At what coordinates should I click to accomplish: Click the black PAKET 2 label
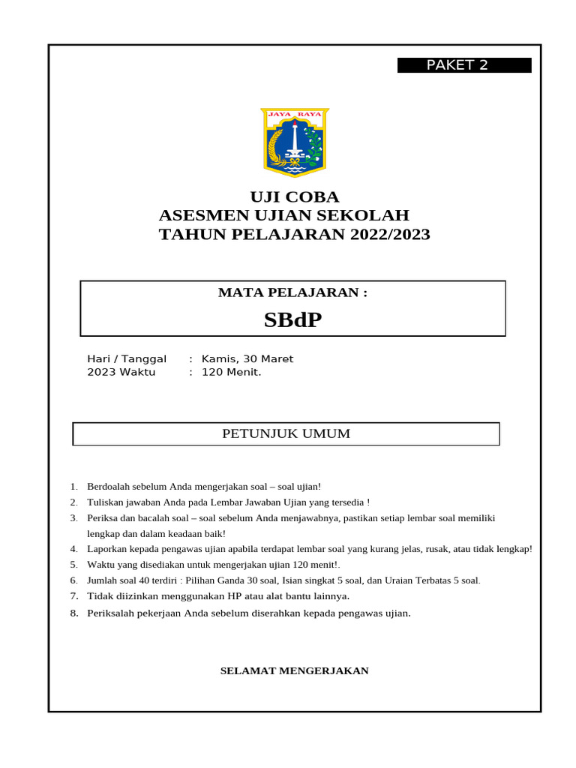464,65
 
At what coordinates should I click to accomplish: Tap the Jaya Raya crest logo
295,142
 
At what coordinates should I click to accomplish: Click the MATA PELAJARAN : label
292,292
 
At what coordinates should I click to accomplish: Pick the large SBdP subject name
292,320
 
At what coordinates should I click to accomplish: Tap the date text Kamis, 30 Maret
247,359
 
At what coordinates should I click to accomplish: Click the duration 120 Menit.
231,372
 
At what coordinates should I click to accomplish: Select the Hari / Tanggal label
127,359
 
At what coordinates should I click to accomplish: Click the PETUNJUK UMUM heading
286,433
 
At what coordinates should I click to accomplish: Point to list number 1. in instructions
73,487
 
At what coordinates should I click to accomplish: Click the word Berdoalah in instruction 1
109,487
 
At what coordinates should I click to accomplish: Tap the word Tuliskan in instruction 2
106,502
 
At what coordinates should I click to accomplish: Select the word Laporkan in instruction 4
108,549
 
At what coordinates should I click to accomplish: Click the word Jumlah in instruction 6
103,580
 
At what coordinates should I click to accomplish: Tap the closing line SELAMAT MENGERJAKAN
294,670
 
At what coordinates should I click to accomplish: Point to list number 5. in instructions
73,565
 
